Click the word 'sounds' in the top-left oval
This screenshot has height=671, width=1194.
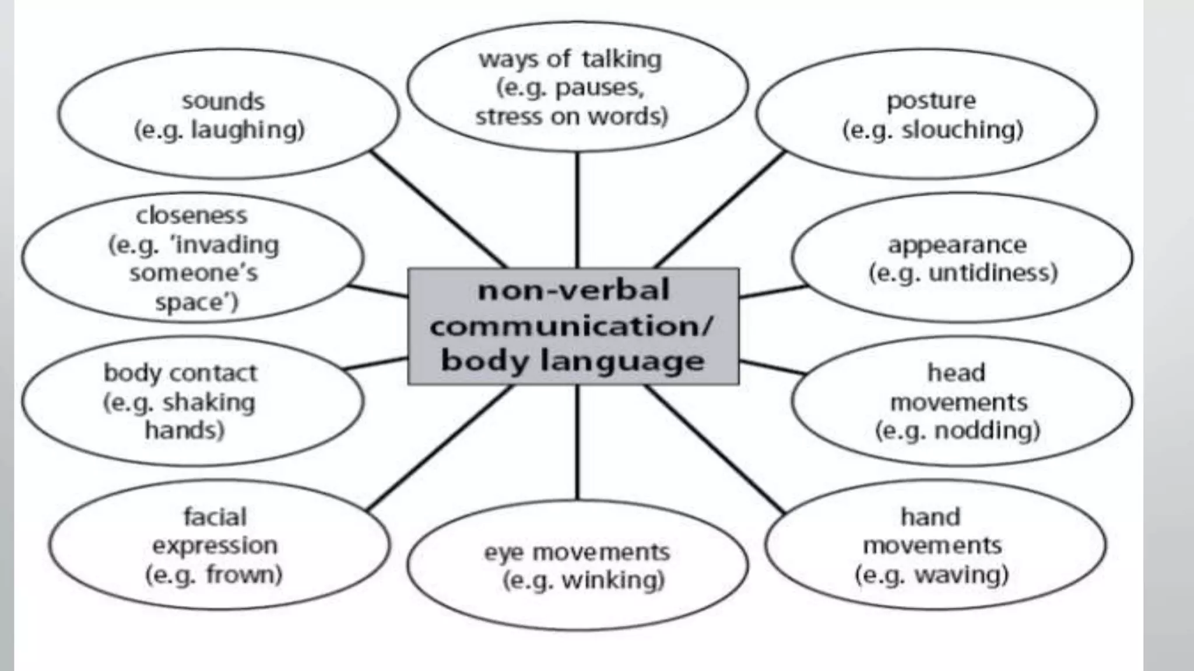[223, 101]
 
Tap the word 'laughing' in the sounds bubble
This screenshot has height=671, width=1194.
[248, 129]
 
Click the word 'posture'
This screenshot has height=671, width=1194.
[931, 101]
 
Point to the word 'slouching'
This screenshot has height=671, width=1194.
[962, 129]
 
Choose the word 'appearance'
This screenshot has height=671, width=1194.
[957, 245]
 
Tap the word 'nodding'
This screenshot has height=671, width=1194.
[987, 430]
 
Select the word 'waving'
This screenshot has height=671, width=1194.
[961, 575]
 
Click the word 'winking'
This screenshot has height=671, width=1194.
[613, 580]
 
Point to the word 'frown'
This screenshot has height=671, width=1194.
[244, 575]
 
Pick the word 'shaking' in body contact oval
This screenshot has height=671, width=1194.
[209, 402]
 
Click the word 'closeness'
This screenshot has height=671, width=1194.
[192, 216]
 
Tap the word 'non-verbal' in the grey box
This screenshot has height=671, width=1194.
[573, 290]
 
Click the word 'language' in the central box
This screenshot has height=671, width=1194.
[622, 361]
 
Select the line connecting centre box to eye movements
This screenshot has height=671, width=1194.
[577, 443]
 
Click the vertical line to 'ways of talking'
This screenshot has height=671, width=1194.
[577, 210]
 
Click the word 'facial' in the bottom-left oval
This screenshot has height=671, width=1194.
[215, 517]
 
